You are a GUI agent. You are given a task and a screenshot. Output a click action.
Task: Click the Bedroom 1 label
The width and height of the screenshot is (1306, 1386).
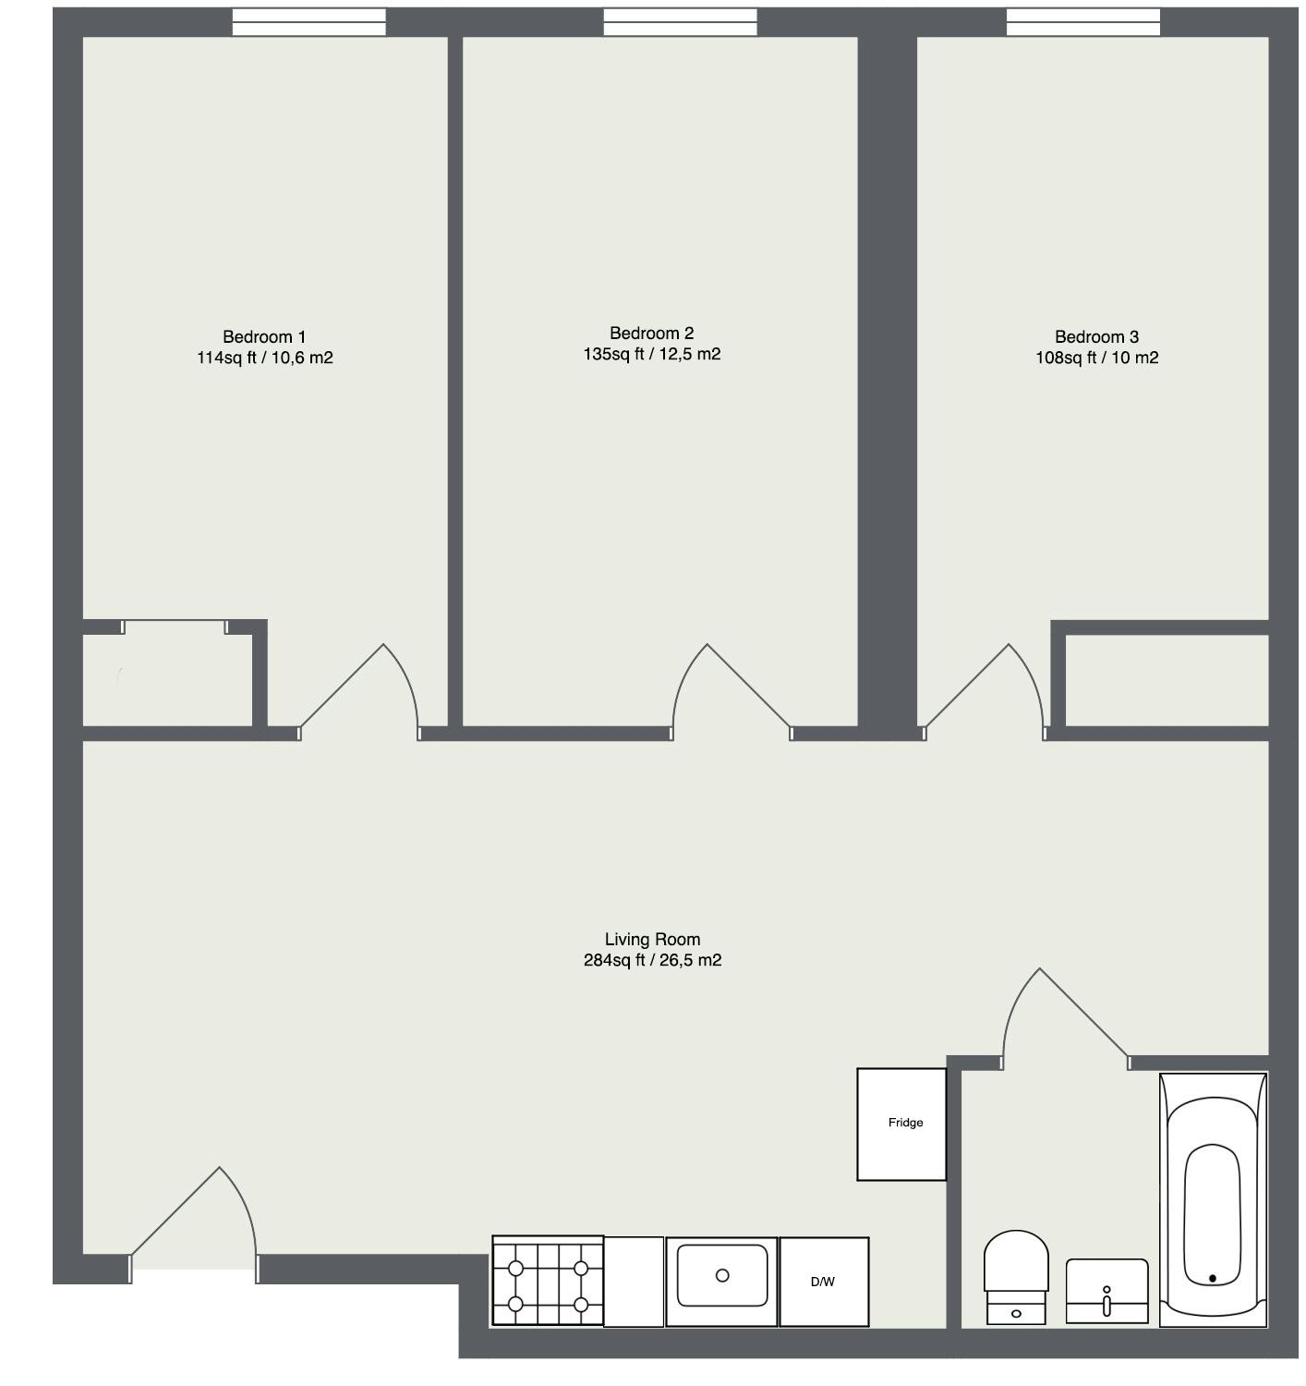(264, 337)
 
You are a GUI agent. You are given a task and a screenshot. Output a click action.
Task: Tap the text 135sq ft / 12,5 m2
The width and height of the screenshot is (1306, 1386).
(651, 354)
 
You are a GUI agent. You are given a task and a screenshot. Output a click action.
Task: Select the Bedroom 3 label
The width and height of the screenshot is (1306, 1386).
(1096, 337)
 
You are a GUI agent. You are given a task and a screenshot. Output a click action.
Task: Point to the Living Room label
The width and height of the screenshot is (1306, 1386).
(652, 939)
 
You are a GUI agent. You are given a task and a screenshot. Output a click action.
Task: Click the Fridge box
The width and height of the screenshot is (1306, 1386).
(901, 1124)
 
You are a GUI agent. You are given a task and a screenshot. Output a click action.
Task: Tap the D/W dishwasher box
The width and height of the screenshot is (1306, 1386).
(823, 1282)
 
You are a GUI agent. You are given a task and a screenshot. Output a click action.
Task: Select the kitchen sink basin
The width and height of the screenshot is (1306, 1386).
(722, 1275)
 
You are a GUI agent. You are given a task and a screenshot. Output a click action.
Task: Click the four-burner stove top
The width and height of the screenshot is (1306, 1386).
(548, 1282)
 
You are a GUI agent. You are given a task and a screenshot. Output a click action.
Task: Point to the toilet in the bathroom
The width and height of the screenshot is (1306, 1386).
(1016, 1275)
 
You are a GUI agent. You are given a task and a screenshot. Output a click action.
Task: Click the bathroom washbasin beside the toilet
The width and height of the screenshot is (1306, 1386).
(1106, 1290)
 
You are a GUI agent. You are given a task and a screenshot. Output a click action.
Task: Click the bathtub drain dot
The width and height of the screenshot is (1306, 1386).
(1212, 1279)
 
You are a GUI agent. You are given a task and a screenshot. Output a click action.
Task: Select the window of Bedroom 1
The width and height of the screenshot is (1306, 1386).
(308, 22)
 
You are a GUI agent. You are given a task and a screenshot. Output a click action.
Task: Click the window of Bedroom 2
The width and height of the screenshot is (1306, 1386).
(680, 22)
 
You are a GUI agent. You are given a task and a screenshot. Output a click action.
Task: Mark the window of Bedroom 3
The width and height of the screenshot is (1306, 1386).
(1082, 22)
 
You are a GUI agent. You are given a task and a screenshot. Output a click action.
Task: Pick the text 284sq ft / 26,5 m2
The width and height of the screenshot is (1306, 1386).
(652, 961)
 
